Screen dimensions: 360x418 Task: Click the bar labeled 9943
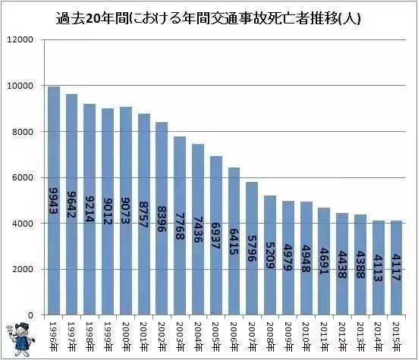tap(54, 201)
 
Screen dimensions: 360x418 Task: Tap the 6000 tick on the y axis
tap(23, 177)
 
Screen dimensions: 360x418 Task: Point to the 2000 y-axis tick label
tap(23, 269)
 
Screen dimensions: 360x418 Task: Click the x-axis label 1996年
tap(54, 333)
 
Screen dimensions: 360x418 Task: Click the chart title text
tap(209, 17)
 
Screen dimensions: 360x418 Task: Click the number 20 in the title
tap(103, 17)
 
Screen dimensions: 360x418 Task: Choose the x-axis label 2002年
tap(161, 333)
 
